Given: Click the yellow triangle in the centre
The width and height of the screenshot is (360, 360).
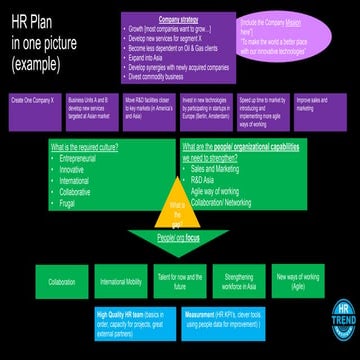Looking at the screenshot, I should (180, 213).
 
